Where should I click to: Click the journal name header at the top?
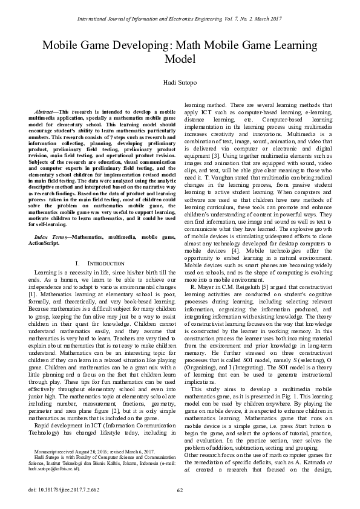(x=180, y=19)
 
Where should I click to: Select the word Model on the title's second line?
(x=180, y=59)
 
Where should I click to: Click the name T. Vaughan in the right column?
(x=223, y=178)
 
